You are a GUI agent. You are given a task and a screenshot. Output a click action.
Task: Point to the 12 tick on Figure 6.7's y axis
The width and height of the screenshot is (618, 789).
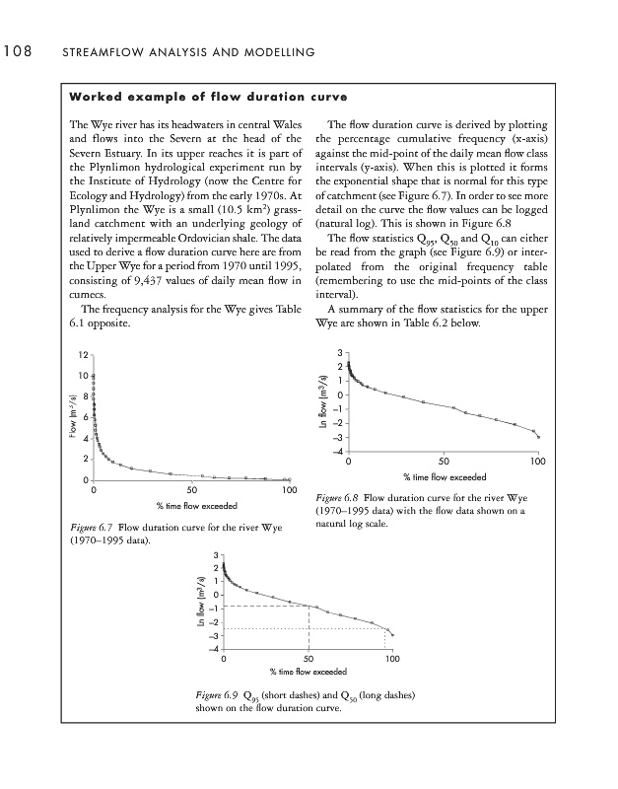click(x=84, y=354)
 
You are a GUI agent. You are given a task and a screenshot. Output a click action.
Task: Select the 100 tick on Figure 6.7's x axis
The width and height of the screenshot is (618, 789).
click(x=289, y=490)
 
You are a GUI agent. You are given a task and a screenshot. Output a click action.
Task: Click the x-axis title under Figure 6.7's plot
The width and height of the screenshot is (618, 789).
click(x=191, y=506)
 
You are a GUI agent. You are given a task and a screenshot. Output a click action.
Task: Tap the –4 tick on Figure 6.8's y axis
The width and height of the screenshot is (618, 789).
click(x=338, y=452)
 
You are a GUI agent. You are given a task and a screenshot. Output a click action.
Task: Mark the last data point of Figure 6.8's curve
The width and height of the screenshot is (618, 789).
click(x=538, y=437)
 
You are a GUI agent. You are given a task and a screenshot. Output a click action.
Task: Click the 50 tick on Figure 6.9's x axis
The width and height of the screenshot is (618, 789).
click(x=309, y=657)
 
